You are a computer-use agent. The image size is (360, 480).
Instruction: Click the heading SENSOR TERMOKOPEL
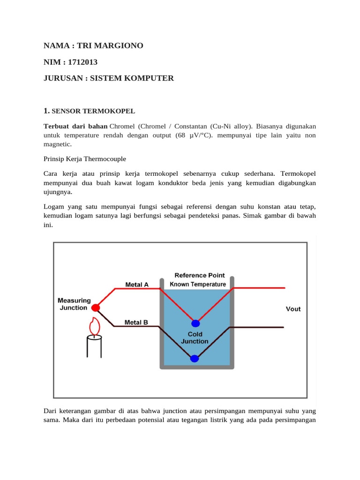click(x=93, y=111)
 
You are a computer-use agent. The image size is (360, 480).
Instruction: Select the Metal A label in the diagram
click(x=137, y=285)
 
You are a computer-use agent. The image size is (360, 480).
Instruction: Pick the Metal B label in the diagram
click(x=136, y=322)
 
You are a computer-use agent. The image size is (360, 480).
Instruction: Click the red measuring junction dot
click(x=96, y=308)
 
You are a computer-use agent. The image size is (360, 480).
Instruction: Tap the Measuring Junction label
click(x=73, y=304)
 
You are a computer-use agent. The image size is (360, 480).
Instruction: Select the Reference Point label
click(x=199, y=275)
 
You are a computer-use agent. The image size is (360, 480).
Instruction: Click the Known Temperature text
click(x=197, y=284)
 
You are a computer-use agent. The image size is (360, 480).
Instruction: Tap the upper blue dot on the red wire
click(x=195, y=323)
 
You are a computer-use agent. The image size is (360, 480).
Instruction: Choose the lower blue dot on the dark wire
click(x=195, y=359)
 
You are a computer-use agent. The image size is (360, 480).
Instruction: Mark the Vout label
click(x=293, y=309)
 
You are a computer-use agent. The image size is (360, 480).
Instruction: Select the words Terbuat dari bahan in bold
click(x=75, y=127)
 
